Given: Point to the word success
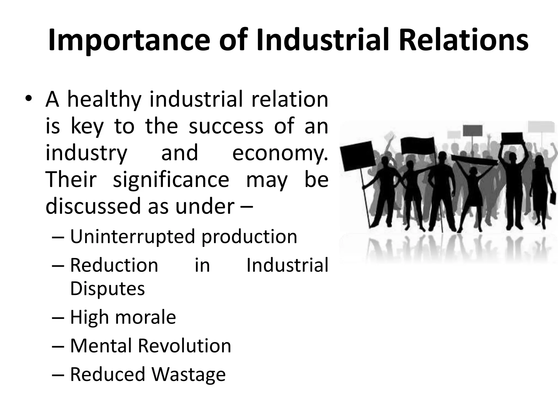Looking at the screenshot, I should [226, 126].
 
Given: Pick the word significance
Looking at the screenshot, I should [171, 180].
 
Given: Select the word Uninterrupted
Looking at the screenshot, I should [132, 236].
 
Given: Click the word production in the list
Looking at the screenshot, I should [249, 236].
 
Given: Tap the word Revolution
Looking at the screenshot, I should [184, 346].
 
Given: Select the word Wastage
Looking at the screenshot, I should [189, 374].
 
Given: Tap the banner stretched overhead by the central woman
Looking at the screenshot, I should [474, 160].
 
